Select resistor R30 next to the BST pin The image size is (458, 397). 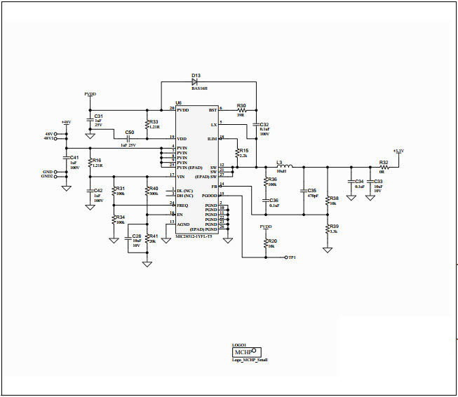[x=243, y=110]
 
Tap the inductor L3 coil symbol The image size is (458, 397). [x=283, y=167]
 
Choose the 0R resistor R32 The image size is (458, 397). [x=384, y=167]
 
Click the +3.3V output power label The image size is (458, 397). [x=398, y=151]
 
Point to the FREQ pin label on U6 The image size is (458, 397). [x=182, y=205]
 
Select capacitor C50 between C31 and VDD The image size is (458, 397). [x=130, y=139]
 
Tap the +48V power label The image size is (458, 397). [x=66, y=122]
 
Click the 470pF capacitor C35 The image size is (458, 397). [x=303, y=191]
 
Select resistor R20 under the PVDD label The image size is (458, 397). [x=266, y=243]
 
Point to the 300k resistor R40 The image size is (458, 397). [x=147, y=191]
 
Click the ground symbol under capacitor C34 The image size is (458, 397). [x=351, y=197]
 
